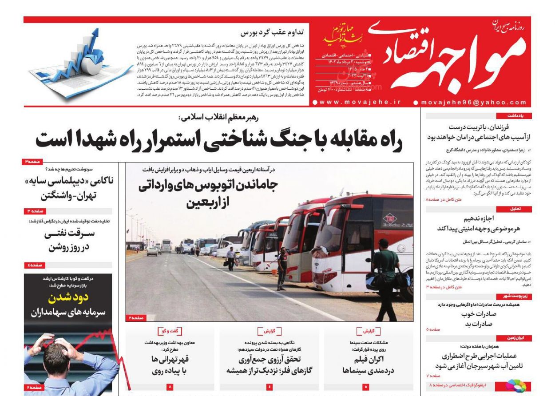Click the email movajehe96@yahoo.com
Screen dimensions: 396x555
[472, 102]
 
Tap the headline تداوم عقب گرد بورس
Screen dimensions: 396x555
[272, 32]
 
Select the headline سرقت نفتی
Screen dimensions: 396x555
[69, 234]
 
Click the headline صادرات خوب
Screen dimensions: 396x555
[478, 314]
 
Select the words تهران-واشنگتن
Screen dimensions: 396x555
[69, 195]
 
